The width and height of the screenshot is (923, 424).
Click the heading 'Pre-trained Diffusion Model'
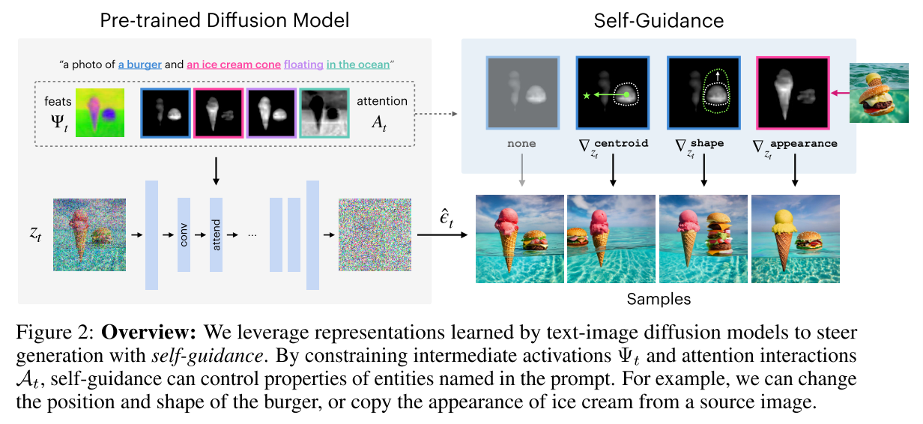pyautogui.click(x=224, y=20)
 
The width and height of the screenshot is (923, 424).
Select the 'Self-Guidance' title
pyautogui.click(x=659, y=20)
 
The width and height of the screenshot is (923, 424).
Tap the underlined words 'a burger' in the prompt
pyautogui.click(x=139, y=64)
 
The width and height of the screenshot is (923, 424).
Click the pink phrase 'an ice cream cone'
pyautogui.click(x=233, y=64)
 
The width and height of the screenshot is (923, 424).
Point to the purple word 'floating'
pyautogui.click(x=303, y=64)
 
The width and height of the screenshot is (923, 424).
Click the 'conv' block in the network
pyautogui.click(x=184, y=235)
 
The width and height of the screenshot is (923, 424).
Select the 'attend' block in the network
pyautogui.click(x=217, y=235)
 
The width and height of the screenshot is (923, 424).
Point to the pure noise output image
pyautogui.click(x=375, y=235)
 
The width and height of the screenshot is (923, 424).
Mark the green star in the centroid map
pyautogui.click(x=585, y=96)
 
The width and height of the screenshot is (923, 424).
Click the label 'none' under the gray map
pyautogui.click(x=521, y=143)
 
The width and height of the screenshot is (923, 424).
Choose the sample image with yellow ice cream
pyautogui.click(x=795, y=237)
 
